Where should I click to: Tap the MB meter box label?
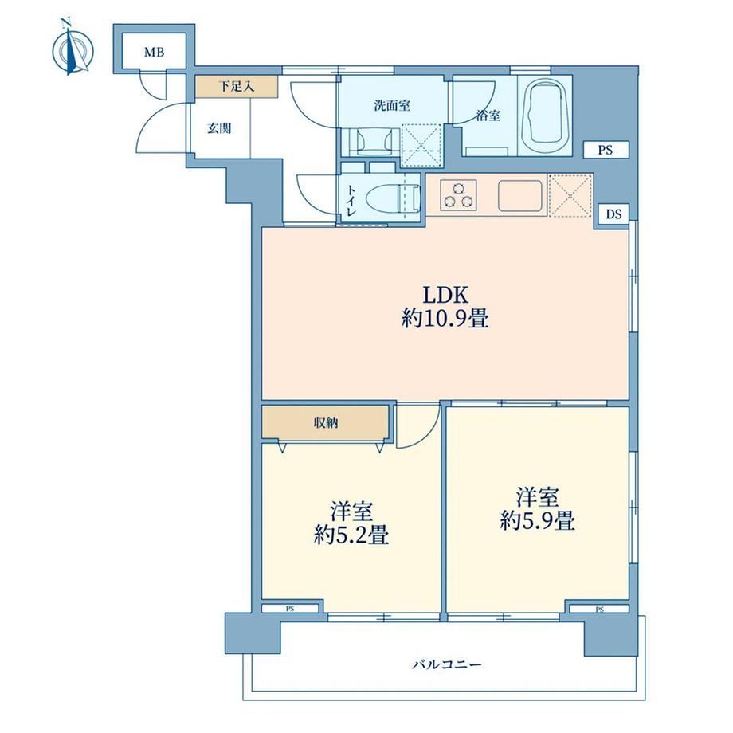[x=154, y=53]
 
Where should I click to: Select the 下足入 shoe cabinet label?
[x=237, y=87]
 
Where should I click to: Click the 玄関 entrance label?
[x=219, y=128]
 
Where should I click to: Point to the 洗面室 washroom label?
[x=392, y=106]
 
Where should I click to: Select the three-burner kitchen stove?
[x=458, y=195]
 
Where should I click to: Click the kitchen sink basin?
[x=519, y=195]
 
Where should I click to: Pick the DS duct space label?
[x=614, y=214]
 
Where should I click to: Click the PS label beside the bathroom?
[x=605, y=151]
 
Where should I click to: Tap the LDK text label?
[x=445, y=296]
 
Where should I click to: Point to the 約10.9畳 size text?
[x=445, y=319]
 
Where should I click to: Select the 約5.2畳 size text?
[x=351, y=535]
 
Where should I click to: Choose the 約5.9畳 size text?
[x=537, y=521]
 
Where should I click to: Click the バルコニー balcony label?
[x=446, y=664]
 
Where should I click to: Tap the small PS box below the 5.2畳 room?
[x=290, y=609]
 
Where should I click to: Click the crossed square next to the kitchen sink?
[x=570, y=195]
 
